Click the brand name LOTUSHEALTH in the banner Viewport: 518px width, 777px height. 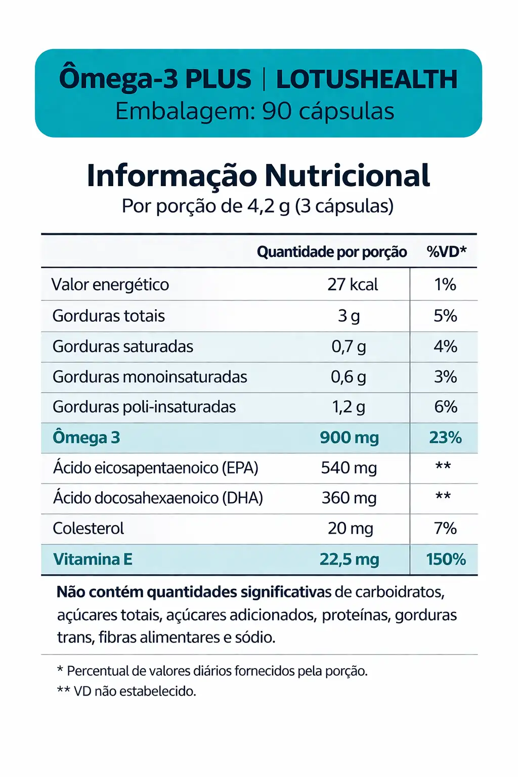coord(367,79)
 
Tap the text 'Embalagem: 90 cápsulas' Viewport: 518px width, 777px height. coord(254,111)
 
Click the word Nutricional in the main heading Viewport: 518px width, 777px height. coord(347,176)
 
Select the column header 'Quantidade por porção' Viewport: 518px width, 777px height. coord(332,252)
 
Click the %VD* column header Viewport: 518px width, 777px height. coord(446,252)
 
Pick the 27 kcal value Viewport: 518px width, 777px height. coord(352,285)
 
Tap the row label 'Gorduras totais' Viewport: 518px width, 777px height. coord(109,316)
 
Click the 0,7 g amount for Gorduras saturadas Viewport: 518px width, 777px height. coord(349,347)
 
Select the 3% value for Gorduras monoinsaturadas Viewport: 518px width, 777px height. coord(445,377)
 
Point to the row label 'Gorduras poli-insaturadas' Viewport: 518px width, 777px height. coord(144,407)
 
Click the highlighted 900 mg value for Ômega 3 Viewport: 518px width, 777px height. coord(349,438)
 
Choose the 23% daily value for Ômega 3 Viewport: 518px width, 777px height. coord(445,438)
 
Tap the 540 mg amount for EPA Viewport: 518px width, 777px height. coord(349,468)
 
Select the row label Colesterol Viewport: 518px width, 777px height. coord(88,529)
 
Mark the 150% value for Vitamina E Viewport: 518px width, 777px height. coord(446,559)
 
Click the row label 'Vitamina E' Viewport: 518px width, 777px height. coord(93,559)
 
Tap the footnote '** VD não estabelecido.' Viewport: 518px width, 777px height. coord(126,692)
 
